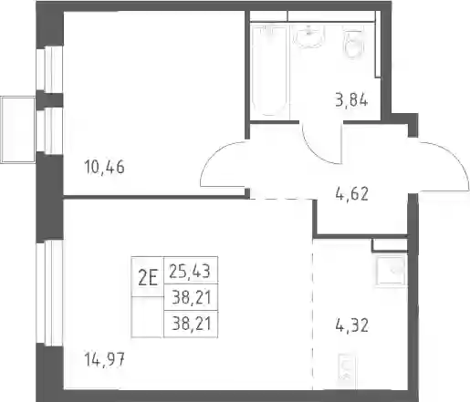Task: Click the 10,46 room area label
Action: click(104, 167)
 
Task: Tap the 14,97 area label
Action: click(104, 360)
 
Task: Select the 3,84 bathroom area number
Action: click(351, 100)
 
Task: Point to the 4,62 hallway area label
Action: click(352, 194)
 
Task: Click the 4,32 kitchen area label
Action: click(352, 325)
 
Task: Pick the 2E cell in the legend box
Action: click(148, 276)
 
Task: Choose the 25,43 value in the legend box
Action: click(190, 271)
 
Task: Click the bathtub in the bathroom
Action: click(269, 71)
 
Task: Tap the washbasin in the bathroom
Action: click(308, 36)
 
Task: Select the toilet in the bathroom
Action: click(354, 42)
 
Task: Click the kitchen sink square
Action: click(392, 271)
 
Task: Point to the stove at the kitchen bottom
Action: click(346, 371)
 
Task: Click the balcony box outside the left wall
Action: click(18, 129)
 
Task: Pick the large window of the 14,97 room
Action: click(49, 293)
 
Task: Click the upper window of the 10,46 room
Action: click(49, 69)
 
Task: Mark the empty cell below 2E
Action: click(148, 317)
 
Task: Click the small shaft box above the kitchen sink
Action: click(390, 245)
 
